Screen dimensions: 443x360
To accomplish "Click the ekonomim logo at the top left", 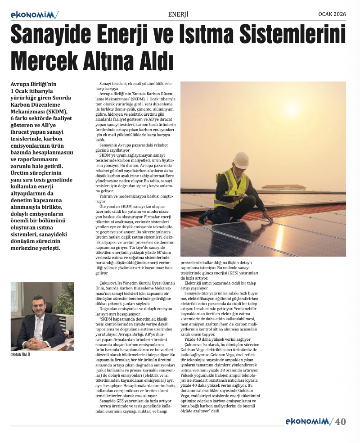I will pyautogui.click(x=34, y=15).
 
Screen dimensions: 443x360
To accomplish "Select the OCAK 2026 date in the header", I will pyautogui.click(x=332, y=14).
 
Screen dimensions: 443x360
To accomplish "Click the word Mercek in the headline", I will pyautogui.click(x=47, y=60).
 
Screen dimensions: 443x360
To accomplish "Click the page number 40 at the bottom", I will pyautogui.click(x=340, y=422).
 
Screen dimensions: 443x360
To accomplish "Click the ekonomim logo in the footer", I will pyautogui.click(x=309, y=422).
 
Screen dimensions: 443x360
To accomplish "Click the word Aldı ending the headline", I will pyautogui.click(x=153, y=60).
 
